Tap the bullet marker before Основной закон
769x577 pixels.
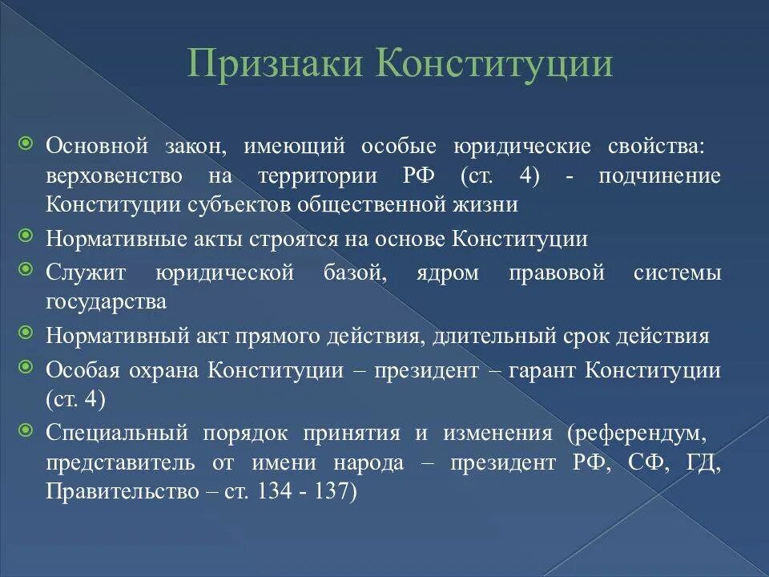pos(26,145)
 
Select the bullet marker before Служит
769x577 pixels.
pos(26,270)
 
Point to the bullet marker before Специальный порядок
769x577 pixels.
pos(26,430)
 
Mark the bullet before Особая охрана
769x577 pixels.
pos(26,366)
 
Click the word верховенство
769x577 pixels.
pos(114,176)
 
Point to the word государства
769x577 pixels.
pos(107,302)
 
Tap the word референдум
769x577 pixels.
pos(641,434)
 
